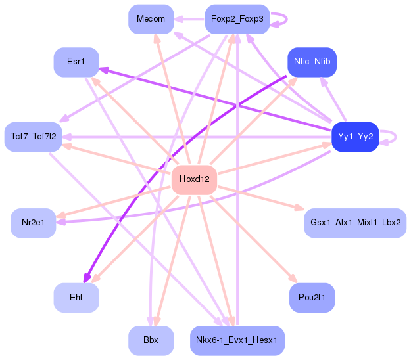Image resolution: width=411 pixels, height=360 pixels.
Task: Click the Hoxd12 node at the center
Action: click(194, 180)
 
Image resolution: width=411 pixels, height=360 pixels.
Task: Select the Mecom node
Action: click(151, 19)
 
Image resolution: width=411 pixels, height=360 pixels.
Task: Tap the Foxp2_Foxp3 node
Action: click(237, 19)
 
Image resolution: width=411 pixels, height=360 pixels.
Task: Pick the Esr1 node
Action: click(76, 62)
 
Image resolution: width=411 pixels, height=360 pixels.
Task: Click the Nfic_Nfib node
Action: click(312, 62)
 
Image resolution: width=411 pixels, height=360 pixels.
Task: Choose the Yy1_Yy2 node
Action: click(355, 137)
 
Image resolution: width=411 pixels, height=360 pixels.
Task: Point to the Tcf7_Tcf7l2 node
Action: click(34, 137)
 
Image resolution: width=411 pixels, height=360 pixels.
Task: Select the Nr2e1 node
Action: click(34, 223)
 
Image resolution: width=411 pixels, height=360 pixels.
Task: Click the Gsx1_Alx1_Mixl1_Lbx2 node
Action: click(355, 223)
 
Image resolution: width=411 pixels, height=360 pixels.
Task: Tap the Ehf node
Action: click(76, 298)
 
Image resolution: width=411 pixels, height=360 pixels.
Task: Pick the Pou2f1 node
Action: click(312, 298)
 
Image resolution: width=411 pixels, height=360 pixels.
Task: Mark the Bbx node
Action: click(151, 341)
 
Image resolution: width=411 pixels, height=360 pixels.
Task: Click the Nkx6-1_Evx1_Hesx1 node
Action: click(237, 341)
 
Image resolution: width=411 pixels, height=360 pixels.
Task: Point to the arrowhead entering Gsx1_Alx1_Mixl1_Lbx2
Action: click(299, 208)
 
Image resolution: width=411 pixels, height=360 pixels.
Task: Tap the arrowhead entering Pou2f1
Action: click(293, 279)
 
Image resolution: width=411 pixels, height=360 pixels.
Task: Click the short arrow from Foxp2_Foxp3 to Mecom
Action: click(189, 19)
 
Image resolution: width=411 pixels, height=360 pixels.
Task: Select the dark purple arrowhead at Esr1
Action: click(104, 70)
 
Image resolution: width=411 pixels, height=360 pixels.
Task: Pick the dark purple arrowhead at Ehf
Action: click(86, 279)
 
